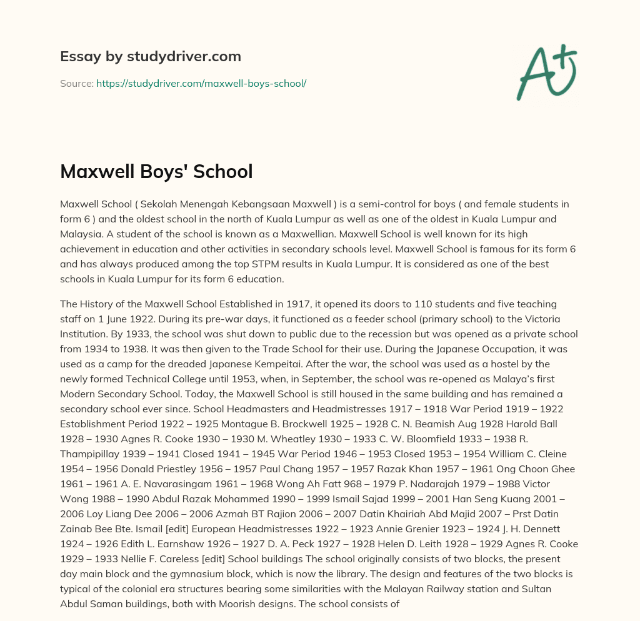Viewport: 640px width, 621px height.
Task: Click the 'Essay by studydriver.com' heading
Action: pos(150,56)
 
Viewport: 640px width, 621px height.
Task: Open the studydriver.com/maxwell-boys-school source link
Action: pos(201,83)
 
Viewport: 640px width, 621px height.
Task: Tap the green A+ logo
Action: pos(546,72)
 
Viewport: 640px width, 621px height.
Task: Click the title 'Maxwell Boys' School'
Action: pos(156,171)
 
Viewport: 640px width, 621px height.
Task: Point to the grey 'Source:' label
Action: pos(76,83)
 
